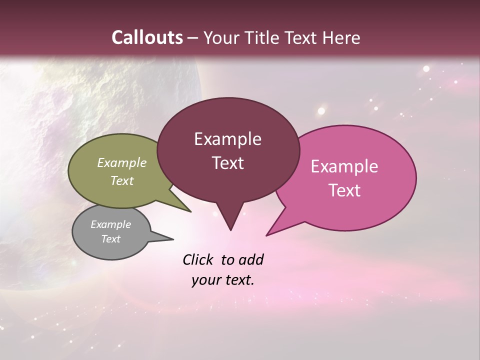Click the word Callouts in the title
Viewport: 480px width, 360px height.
coord(147,37)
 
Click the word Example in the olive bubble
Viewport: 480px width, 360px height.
coord(121,163)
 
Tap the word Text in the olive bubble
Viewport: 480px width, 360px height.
coord(121,180)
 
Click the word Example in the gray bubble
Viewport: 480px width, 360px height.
coord(110,224)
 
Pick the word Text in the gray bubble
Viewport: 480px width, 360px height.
coord(110,239)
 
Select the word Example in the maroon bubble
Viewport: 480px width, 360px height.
coord(227,139)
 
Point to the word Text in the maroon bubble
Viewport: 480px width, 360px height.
coord(227,163)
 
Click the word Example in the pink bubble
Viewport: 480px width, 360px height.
coord(344,166)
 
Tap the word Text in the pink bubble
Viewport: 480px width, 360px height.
coord(344,190)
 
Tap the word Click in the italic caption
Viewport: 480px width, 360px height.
coord(198,260)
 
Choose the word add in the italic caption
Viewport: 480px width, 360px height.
coord(251,260)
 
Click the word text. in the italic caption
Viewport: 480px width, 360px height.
coord(238,280)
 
